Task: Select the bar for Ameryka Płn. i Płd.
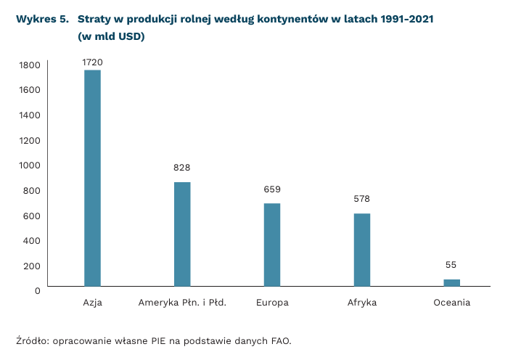pyautogui.click(x=182, y=234)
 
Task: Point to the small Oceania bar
pyautogui.click(x=451, y=282)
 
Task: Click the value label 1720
pyautogui.click(x=92, y=62)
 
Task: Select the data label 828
pyautogui.click(x=182, y=168)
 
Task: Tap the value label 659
pyautogui.click(x=272, y=189)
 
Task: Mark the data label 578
pyautogui.click(x=362, y=199)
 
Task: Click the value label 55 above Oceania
pyautogui.click(x=451, y=265)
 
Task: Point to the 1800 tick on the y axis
pyautogui.click(x=29, y=65)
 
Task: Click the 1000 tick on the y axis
pyautogui.click(x=29, y=165)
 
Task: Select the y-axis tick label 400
pyautogui.click(x=31, y=240)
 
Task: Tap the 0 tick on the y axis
pyautogui.click(x=36, y=290)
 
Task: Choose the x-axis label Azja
pyautogui.click(x=92, y=303)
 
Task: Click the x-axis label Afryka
pyautogui.click(x=362, y=303)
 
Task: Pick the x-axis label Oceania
pyautogui.click(x=451, y=303)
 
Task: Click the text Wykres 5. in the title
pyautogui.click(x=40, y=19)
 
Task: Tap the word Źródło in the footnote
pyautogui.click(x=32, y=340)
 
